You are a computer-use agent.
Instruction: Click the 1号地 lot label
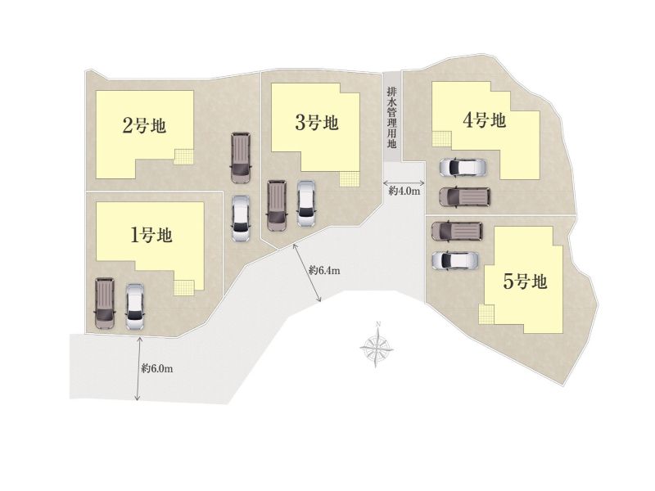(151, 236)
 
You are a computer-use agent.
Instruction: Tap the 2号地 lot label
(144, 125)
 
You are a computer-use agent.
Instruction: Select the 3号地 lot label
(317, 123)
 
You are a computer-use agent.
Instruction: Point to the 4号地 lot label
(485, 120)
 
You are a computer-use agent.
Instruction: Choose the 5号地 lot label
(525, 282)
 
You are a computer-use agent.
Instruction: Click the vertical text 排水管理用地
(391, 118)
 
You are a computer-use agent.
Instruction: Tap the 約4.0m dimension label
(404, 191)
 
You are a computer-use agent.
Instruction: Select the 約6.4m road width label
(324, 271)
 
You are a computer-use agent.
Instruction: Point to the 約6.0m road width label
(157, 369)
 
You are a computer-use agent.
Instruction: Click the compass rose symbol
(377, 345)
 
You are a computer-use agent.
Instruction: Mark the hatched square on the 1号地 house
(184, 288)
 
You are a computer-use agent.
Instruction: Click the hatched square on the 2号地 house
(183, 156)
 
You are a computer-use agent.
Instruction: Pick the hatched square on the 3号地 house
(350, 179)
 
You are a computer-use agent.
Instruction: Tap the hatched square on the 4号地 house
(442, 139)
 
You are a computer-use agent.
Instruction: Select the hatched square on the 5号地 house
(486, 314)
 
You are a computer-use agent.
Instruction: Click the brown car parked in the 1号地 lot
(105, 303)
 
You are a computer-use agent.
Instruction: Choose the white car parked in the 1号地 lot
(135, 308)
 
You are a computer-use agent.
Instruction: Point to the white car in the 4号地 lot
(463, 167)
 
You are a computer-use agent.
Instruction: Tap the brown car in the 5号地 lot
(457, 231)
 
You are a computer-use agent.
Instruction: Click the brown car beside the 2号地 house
(241, 157)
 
